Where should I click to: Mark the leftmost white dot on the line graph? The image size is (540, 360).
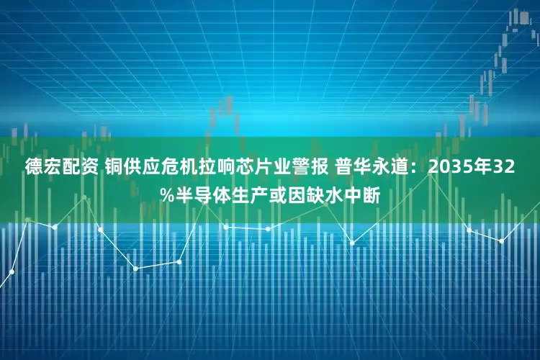pyautogui.click(x=12, y=272)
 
